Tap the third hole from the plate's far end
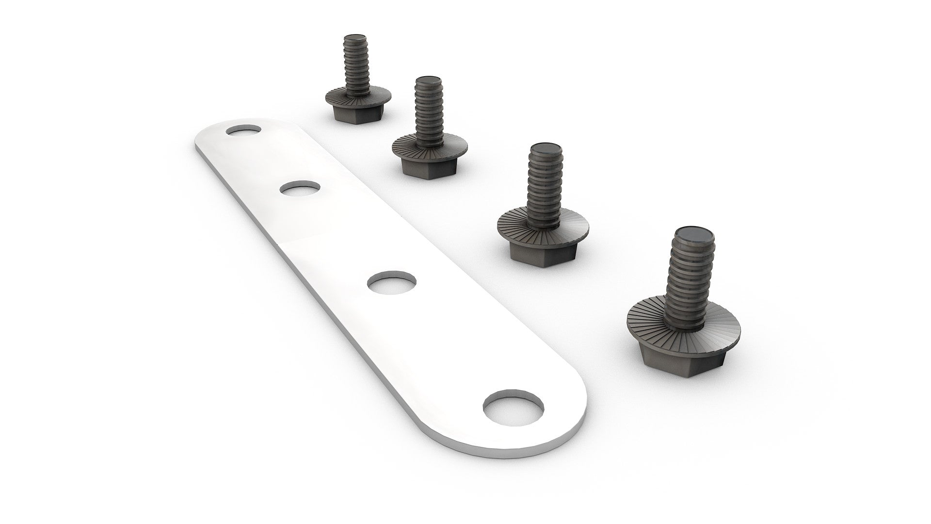(x=392, y=281)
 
